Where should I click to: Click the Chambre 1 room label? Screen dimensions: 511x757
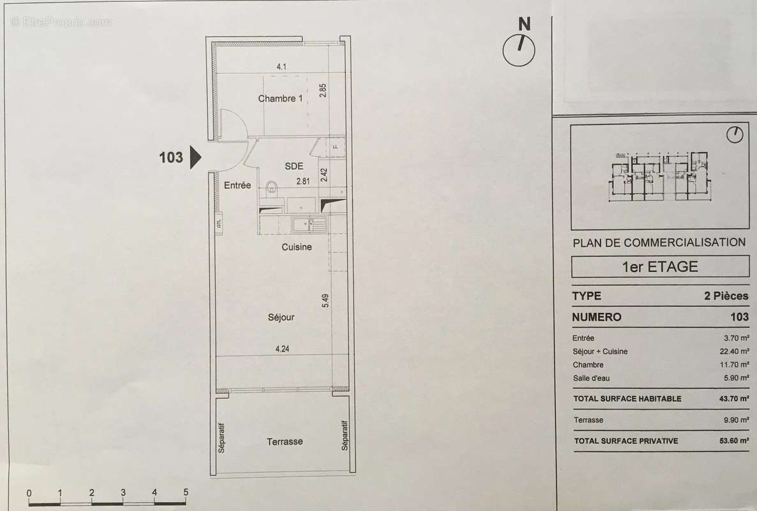point(280,98)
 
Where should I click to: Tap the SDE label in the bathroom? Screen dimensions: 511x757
point(294,165)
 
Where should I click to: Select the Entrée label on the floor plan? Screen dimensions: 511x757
point(237,185)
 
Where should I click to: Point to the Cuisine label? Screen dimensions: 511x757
point(297,247)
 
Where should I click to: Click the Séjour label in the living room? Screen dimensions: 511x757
point(281,316)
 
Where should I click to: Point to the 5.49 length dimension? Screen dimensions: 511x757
point(326,301)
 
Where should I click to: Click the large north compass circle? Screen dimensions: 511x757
point(519,50)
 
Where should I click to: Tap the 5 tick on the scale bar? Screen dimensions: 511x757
point(186,492)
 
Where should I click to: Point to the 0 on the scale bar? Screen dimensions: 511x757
point(29,492)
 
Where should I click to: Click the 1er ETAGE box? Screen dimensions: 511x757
point(660,266)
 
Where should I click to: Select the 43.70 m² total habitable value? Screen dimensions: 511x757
point(733,399)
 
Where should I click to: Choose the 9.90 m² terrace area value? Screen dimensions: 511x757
point(735,420)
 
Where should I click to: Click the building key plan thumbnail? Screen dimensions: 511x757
point(660,176)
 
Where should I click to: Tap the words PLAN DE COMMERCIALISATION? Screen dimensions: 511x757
point(659,242)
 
